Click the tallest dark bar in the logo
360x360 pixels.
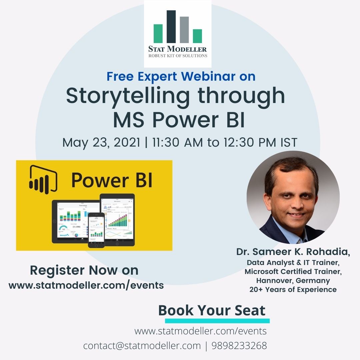[171, 27]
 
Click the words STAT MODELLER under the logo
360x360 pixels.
[177, 49]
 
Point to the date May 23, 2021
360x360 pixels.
[101, 143]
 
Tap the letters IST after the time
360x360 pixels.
[288, 143]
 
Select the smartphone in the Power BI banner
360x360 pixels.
[96, 230]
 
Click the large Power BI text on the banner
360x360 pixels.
[112, 180]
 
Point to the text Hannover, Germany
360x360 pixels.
[293, 280]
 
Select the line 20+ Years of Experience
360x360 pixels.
[293, 289]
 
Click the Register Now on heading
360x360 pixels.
[84, 270]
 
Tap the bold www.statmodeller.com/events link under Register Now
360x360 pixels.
[86, 285]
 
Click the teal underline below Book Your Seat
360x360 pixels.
[217, 321]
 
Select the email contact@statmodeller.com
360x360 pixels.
[142, 346]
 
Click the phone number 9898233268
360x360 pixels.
[239, 346]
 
